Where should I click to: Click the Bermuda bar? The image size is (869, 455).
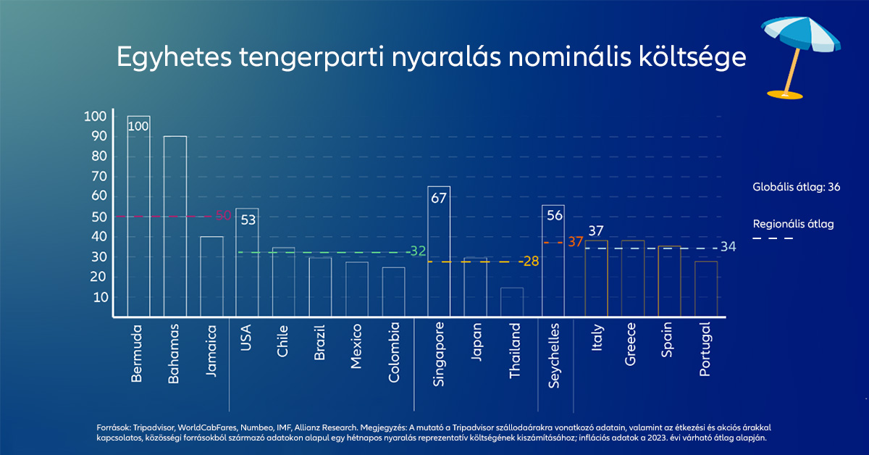tap(138, 217)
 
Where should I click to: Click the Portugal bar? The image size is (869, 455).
tap(706, 288)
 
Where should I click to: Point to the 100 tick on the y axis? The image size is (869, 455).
tap(95, 117)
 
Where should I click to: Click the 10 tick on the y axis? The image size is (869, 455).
tap(100, 297)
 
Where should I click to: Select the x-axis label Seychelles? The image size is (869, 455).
tap(554, 355)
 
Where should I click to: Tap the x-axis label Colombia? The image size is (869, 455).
tap(394, 352)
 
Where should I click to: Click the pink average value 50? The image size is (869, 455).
tap(223, 216)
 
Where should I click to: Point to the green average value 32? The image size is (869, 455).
tap(418, 251)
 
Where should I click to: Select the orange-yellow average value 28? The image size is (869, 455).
tap(531, 261)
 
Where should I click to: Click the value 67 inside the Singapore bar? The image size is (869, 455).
tap(439, 198)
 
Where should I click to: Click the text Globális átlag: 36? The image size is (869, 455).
tap(796, 187)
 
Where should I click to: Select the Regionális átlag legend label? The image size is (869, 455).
tap(793, 224)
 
